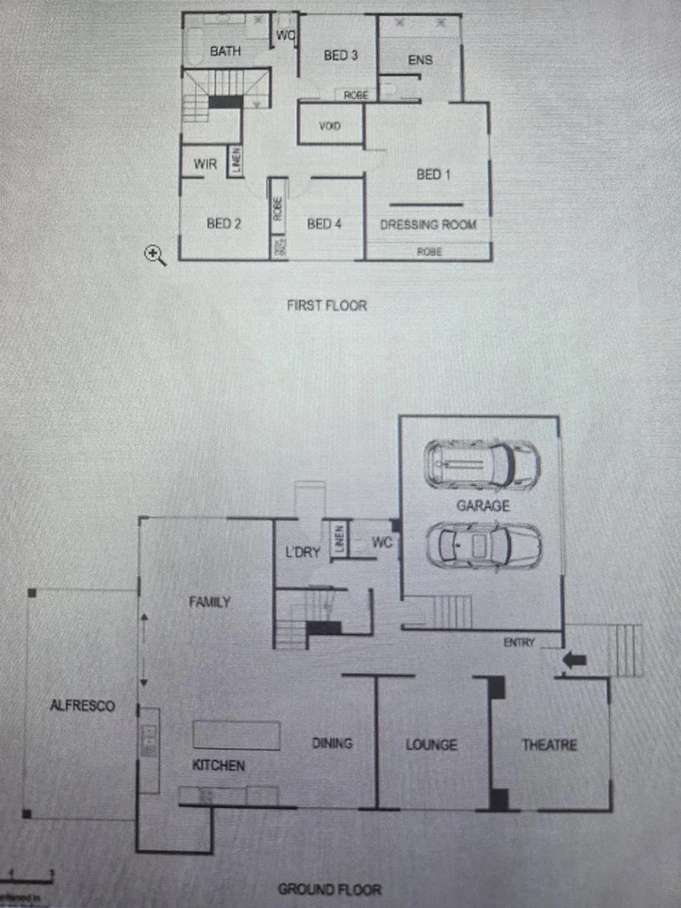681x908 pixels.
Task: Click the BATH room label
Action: point(224,51)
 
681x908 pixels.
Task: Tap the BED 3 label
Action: point(341,55)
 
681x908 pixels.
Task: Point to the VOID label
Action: point(330,126)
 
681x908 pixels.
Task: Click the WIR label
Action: point(205,164)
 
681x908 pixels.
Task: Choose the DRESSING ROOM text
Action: point(428,224)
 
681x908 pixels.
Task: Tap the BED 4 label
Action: point(324,224)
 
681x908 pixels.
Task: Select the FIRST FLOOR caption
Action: point(327,305)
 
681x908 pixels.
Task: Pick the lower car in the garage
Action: point(483,545)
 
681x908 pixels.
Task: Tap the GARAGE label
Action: point(483,505)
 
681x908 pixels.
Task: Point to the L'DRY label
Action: point(303,552)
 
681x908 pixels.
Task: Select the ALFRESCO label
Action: point(82,706)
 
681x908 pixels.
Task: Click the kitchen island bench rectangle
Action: point(237,735)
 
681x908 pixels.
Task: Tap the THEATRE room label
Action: point(549,745)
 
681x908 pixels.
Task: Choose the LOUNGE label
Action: point(431,745)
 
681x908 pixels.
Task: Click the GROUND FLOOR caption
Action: point(330,890)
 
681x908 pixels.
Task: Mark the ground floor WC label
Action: point(383,543)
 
